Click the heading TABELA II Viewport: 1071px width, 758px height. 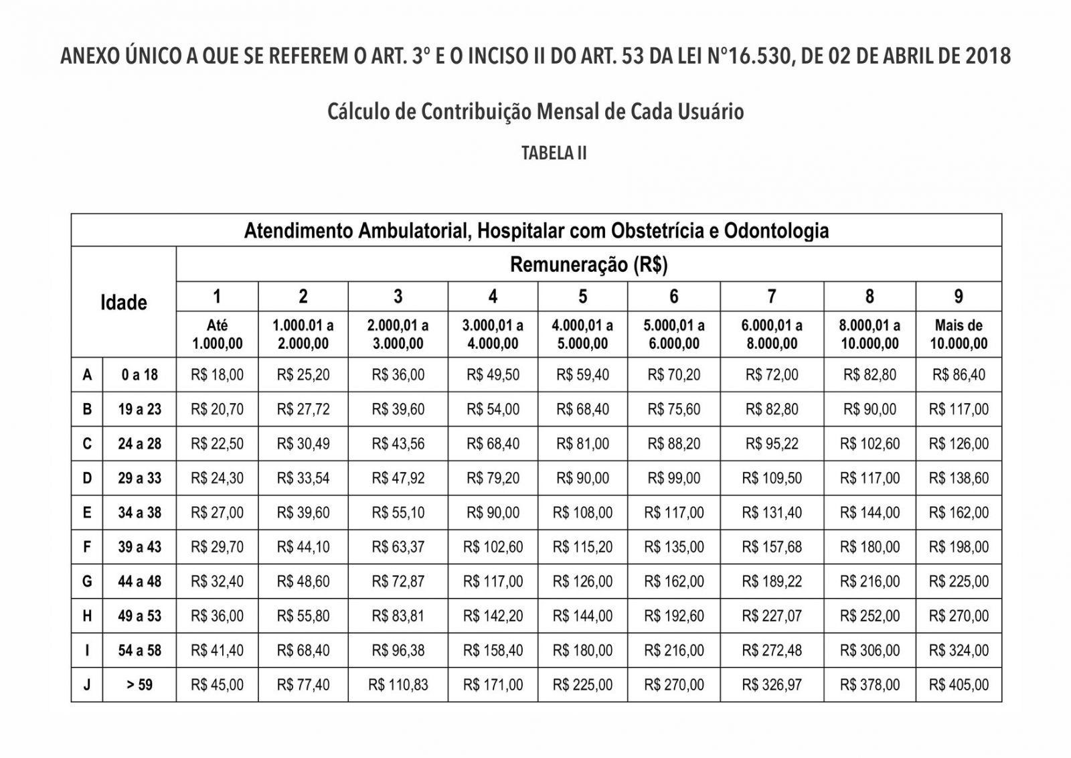554,153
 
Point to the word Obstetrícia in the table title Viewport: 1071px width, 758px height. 655,231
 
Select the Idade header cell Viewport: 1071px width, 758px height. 124,303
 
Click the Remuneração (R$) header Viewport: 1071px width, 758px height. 588,264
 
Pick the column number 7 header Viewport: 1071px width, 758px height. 771,297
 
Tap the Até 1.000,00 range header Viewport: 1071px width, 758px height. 217,334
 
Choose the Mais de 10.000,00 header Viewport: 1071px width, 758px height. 959,334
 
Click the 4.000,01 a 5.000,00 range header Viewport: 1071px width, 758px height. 582,334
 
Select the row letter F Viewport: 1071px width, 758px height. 87,547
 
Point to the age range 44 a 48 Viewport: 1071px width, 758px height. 139,581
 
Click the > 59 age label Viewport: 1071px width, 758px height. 139,685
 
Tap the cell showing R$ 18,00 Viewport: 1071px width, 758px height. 217,375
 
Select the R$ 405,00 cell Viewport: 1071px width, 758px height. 959,685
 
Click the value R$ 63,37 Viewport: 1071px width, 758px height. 398,547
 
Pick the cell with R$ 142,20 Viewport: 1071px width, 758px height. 493,616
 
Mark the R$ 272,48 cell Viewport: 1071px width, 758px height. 771,650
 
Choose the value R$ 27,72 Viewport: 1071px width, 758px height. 303,409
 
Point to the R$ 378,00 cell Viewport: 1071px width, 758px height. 870,685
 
